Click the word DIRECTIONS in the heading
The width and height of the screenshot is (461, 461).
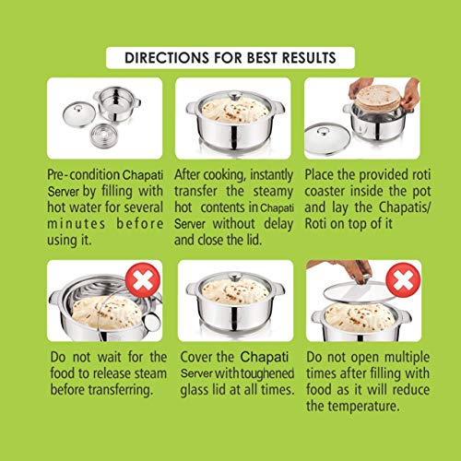coord(167,58)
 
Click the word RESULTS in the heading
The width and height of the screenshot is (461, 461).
coord(309,58)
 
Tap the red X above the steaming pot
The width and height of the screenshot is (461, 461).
coord(143,280)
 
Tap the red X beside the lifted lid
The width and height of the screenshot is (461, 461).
coord(403,280)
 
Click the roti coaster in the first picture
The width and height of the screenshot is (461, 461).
coord(103,136)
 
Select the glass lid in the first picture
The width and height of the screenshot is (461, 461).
coord(77,114)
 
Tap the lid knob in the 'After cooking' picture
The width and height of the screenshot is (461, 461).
coord(235,96)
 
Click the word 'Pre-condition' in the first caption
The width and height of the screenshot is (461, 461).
coord(83,175)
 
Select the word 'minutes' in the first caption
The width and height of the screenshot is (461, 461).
coord(77,223)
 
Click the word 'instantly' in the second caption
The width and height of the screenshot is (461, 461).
coord(271,175)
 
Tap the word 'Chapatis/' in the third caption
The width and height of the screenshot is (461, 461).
coord(405,207)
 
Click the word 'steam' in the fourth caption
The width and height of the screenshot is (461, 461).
coord(150,373)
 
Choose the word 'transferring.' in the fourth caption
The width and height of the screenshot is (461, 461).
coord(121,390)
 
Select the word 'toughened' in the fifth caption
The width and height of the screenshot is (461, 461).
coord(267,373)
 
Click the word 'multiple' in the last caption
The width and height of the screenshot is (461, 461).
coord(407,358)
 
